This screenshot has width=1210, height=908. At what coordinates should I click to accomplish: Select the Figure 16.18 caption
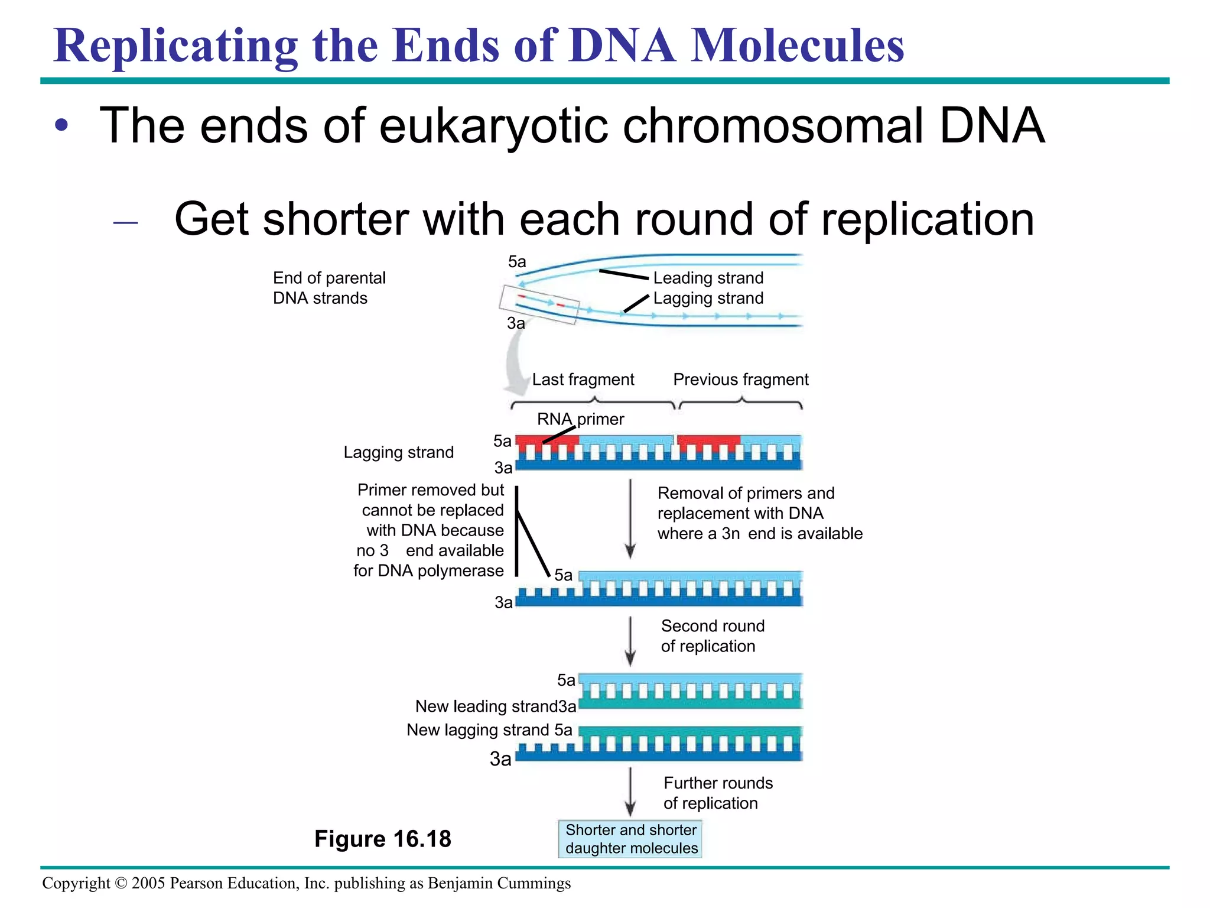pos(382,839)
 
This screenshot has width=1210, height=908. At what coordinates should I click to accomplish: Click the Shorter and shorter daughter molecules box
pos(630,839)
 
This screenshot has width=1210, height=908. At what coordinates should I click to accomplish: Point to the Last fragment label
pos(583,380)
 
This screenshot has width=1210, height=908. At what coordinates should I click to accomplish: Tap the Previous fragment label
pos(740,380)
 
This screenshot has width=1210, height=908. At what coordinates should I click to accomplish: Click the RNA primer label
pos(580,419)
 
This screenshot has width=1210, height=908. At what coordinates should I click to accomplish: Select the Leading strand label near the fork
pos(708,278)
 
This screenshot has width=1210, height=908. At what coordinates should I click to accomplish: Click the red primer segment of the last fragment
pos(547,440)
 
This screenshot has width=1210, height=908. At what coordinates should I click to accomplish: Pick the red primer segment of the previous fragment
pos(708,440)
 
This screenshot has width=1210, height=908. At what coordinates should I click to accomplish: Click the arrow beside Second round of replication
pos(630,641)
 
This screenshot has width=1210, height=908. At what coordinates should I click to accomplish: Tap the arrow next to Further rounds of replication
pos(630,792)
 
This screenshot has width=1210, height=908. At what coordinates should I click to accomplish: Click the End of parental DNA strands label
pos(328,288)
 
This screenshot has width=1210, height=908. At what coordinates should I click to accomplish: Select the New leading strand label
pos(486,706)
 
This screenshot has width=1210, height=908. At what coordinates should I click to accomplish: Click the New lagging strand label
pos(477,730)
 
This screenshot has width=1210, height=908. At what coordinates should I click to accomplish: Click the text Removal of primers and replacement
pos(746,503)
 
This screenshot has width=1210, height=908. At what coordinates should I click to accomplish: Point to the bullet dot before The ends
pos(61,126)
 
